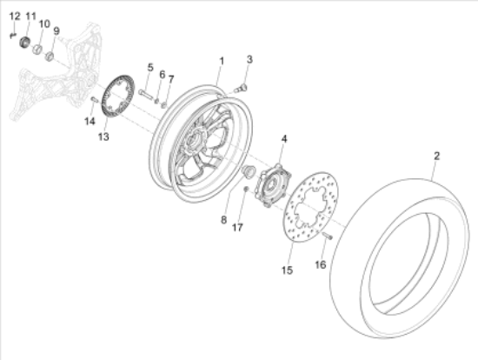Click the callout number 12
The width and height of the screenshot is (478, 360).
point(15,17)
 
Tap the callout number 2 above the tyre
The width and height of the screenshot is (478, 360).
point(436,156)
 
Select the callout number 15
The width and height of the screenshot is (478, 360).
point(287,270)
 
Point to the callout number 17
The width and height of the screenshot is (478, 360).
point(237,227)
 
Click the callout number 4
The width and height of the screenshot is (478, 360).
point(284,139)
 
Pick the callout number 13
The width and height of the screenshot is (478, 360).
point(103,137)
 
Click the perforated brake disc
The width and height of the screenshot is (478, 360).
point(310,208)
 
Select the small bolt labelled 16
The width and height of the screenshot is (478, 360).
point(327,236)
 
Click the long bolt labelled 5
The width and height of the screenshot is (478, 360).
point(146,94)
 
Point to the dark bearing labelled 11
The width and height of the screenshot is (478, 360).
point(24,42)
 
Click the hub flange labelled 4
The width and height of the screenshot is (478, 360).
point(273,185)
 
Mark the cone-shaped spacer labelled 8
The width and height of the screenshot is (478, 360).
point(248,171)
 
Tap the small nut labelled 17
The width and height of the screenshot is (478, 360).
point(246,190)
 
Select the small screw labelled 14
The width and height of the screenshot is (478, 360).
point(94,99)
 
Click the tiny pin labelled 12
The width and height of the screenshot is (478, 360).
point(12,36)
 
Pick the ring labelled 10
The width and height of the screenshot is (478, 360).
point(37,49)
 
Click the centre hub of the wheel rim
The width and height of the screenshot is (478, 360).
point(193,141)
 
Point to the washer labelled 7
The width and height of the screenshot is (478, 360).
point(163,105)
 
